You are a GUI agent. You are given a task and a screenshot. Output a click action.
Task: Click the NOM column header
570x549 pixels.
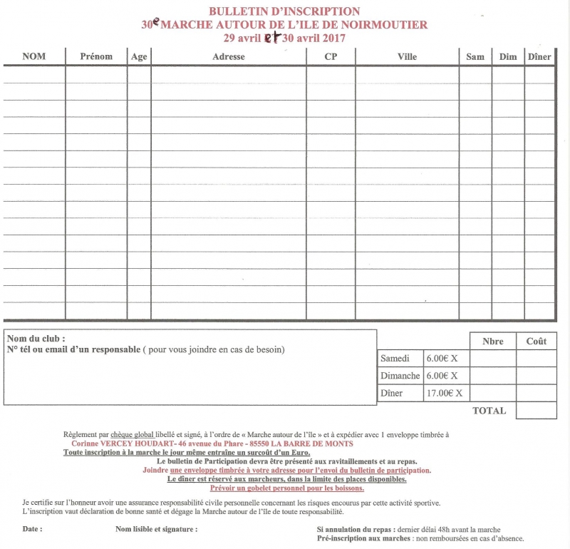(x=34, y=57)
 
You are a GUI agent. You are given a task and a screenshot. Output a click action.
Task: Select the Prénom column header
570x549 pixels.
(x=96, y=57)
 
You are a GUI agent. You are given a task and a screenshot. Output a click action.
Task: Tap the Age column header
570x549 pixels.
(x=139, y=57)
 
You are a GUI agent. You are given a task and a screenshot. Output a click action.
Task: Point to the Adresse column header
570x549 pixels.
(x=228, y=57)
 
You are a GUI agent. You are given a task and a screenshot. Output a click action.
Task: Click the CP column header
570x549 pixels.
(x=331, y=57)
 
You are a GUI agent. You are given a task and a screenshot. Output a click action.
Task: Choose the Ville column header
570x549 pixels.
(x=407, y=57)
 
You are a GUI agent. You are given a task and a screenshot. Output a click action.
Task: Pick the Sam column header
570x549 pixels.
(x=475, y=57)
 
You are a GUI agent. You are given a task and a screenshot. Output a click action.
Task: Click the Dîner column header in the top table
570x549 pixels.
(x=540, y=57)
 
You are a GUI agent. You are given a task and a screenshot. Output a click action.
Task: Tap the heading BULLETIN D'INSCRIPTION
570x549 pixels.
(x=284, y=11)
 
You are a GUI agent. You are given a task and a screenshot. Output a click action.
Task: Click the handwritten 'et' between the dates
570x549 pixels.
(x=271, y=39)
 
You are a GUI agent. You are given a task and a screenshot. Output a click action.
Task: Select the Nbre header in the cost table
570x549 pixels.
(x=492, y=342)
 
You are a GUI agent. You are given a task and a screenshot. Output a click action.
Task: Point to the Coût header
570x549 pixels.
(x=536, y=342)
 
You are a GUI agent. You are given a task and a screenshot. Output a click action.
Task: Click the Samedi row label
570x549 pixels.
(x=395, y=359)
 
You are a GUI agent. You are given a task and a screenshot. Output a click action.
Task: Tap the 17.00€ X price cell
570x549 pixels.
(x=444, y=393)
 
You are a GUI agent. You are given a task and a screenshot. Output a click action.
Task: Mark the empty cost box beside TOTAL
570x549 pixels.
(x=536, y=411)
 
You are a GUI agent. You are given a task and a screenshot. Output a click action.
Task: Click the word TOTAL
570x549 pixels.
(x=489, y=411)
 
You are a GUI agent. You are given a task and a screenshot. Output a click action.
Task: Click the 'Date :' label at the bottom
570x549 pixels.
(x=32, y=530)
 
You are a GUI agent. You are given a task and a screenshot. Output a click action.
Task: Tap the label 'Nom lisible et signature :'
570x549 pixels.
(x=156, y=530)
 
